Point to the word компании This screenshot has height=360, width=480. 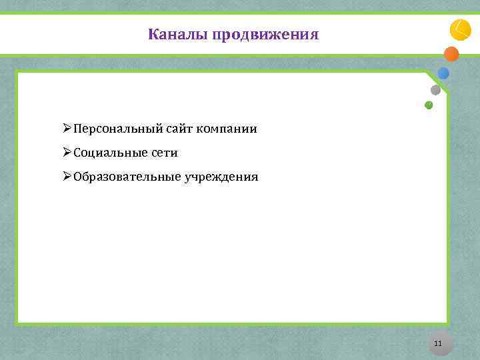[226, 128]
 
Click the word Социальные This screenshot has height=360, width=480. [110, 153]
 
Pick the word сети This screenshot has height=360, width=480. [164, 153]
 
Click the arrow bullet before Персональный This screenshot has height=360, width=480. [67, 128]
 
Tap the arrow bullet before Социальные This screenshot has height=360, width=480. [67, 153]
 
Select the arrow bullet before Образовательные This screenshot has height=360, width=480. [67, 177]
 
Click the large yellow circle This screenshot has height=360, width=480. [461, 30]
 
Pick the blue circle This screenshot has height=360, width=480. [443, 73]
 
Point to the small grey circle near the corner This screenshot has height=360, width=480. [435, 90]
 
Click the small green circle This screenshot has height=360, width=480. [429, 105]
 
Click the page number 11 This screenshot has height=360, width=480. [438, 343]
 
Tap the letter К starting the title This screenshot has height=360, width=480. [153, 34]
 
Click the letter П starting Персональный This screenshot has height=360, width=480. [78, 128]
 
